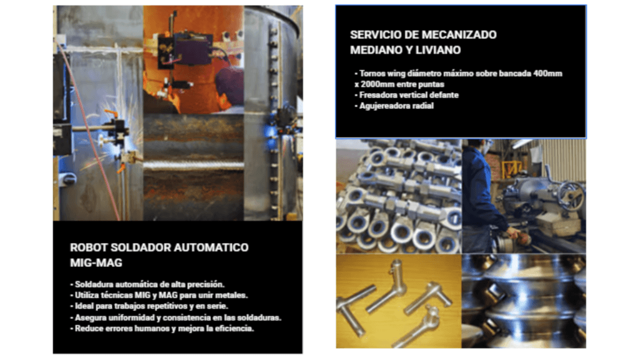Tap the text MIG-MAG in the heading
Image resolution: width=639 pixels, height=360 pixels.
(96, 263)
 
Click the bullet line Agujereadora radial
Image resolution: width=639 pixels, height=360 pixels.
(394, 106)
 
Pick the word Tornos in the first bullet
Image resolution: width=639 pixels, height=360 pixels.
(372, 74)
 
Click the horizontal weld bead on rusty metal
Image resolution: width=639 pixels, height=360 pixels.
(193, 165)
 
